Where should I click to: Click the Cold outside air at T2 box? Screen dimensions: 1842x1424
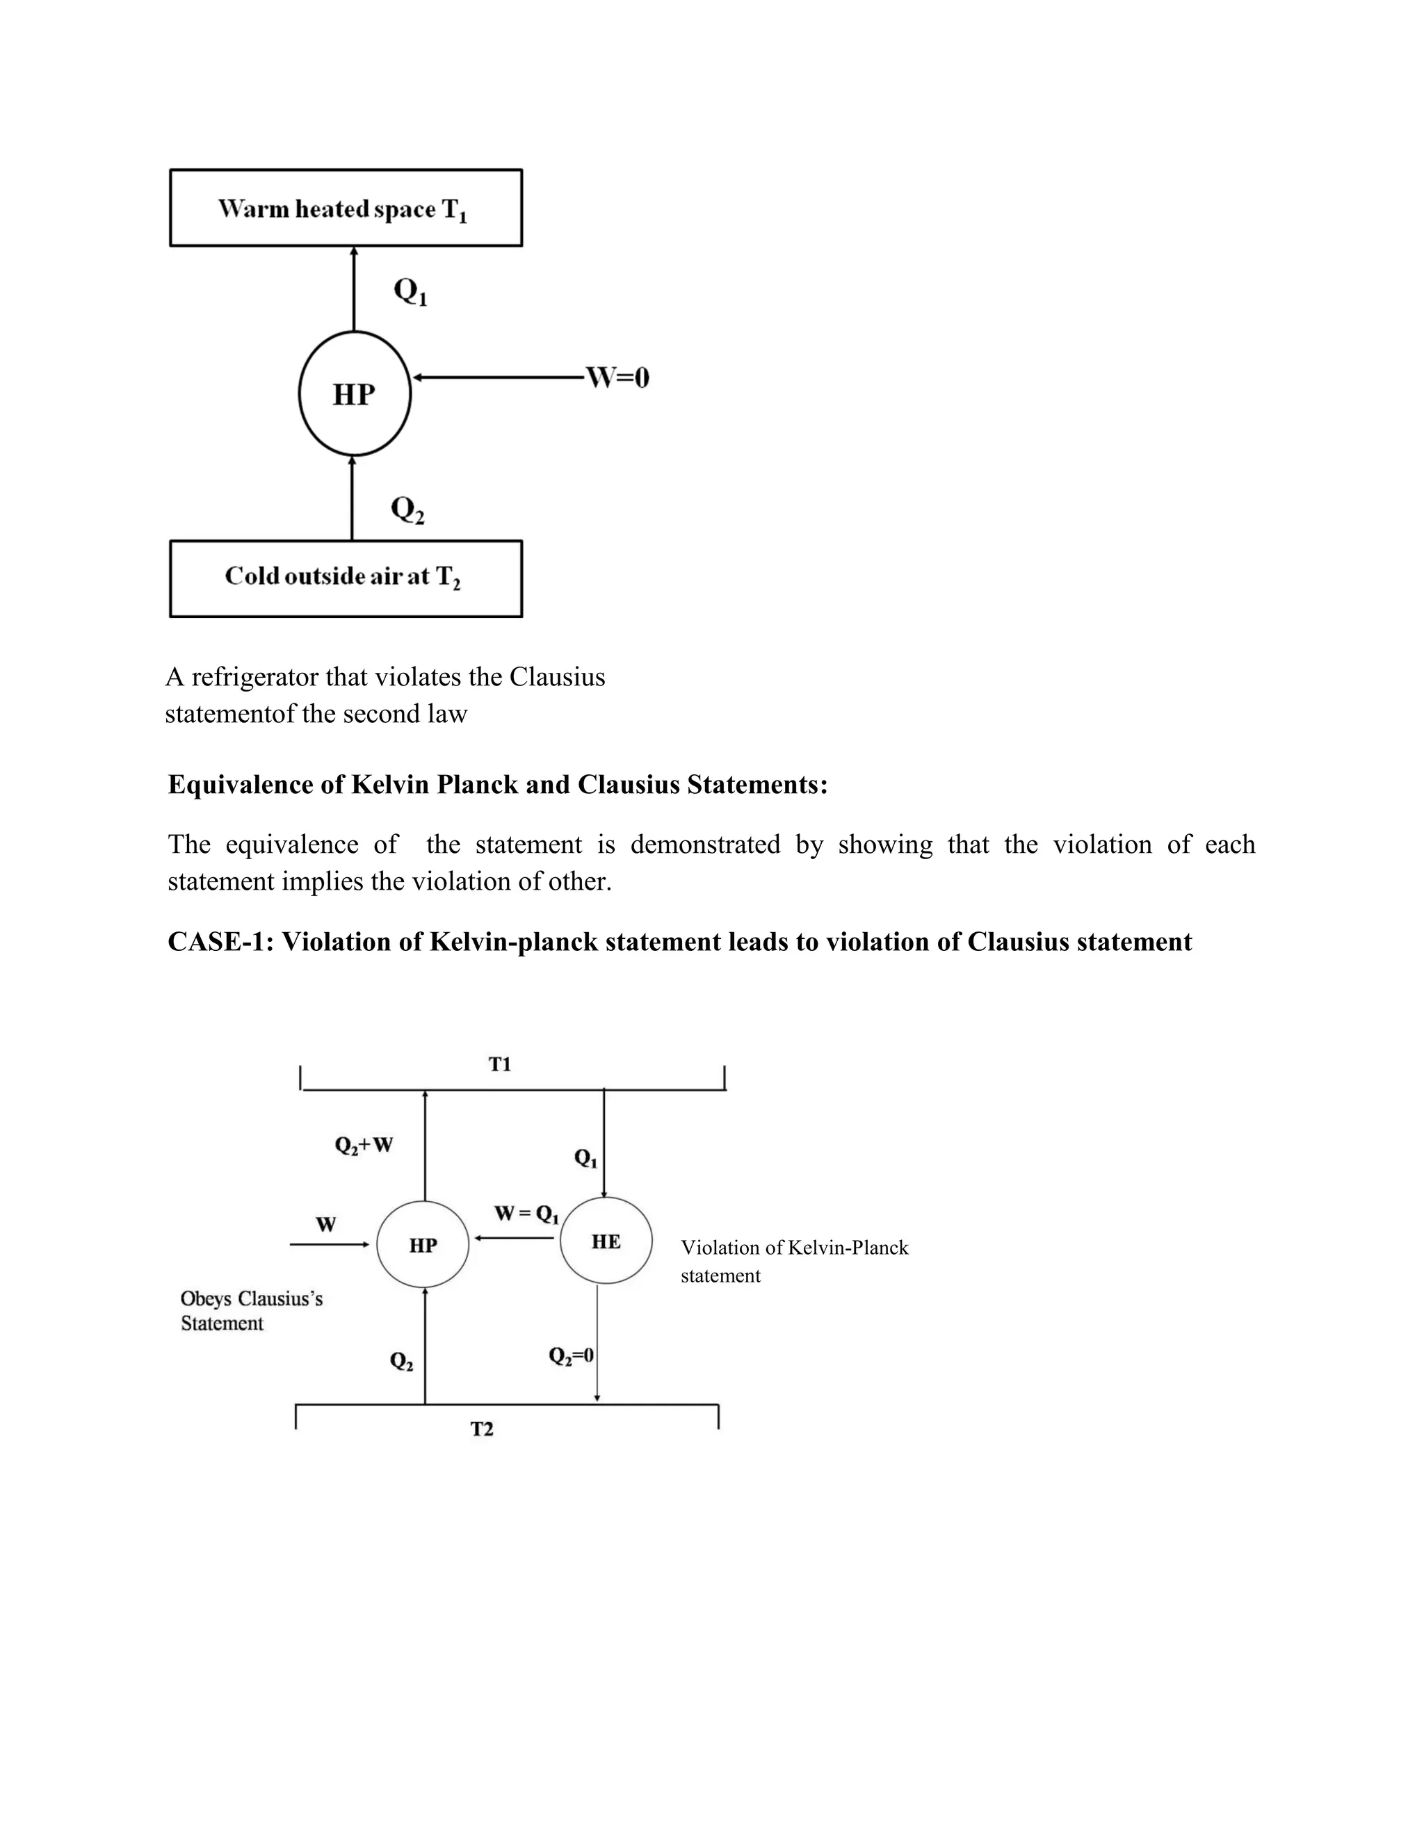346,578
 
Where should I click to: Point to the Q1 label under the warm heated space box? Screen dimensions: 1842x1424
410,292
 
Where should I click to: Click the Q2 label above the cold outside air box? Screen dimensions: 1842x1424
407,510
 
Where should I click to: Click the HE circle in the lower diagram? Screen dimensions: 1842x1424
606,1241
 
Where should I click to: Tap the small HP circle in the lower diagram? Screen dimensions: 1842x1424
423,1245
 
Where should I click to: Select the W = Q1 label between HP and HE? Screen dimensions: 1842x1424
526,1214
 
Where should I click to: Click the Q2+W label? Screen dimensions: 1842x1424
364,1146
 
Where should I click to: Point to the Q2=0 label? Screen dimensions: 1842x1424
571,1355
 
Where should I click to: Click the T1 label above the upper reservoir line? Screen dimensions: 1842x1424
499,1064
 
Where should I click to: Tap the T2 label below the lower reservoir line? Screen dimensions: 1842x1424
482,1428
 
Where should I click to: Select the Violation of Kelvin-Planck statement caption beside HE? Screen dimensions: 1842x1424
794,1261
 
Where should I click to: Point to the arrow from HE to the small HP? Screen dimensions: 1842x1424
514,1238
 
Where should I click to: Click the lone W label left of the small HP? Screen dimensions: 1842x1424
325,1225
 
